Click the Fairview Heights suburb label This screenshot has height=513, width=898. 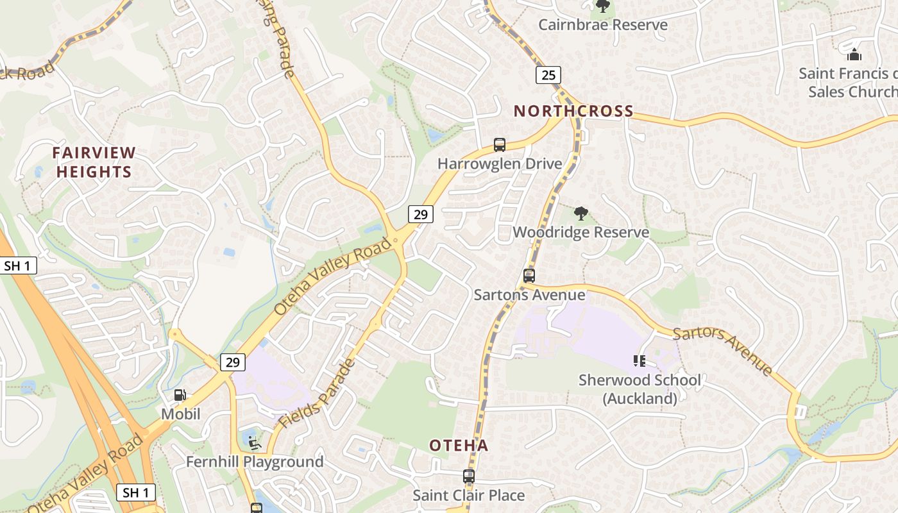click(x=94, y=162)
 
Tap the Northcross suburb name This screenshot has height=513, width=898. click(x=573, y=111)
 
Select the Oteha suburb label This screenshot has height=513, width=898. click(x=459, y=446)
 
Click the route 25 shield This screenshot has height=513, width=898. click(x=548, y=75)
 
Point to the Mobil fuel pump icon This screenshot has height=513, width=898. click(x=181, y=396)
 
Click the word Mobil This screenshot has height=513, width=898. click(x=181, y=414)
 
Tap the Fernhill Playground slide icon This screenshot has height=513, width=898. click(x=255, y=442)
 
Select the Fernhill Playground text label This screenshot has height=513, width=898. click(x=255, y=462)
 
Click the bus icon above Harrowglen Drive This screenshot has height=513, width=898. click(x=500, y=145)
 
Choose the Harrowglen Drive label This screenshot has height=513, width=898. click(x=500, y=164)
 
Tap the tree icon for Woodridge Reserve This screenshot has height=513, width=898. click(x=581, y=213)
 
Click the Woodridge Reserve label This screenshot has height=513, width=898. click(x=581, y=232)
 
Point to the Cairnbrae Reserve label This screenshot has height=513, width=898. click(x=603, y=25)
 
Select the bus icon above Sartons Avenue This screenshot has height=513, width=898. click(x=529, y=276)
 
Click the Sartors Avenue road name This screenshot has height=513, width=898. click(x=723, y=350)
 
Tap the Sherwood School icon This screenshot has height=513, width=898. click(x=639, y=361)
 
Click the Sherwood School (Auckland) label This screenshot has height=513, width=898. click(x=640, y=389)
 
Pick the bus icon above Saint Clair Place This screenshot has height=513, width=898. click(x=469, y=476)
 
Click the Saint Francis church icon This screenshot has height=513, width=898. click(x=854, y=55)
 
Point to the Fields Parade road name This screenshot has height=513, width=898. click(x=318, y=394)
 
